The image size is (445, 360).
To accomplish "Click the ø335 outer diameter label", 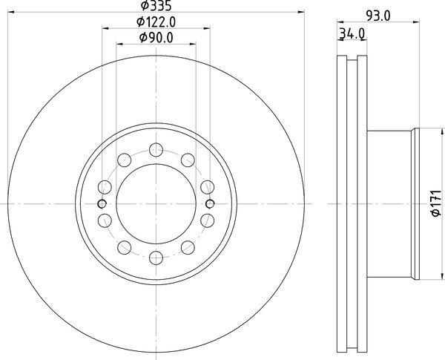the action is (156, 5).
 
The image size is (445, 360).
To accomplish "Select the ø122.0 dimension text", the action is (156, 22).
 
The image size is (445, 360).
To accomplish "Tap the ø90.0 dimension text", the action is (156, 38).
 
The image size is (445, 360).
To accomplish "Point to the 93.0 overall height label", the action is (378, 16).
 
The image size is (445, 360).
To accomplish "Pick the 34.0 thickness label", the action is (352, 34).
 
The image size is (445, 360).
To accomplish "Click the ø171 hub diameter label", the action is (437, 203).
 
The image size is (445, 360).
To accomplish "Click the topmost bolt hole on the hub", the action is (156, 150).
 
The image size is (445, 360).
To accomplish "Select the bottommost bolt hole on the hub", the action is (156, 258).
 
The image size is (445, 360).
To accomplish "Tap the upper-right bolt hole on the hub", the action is (188, 160).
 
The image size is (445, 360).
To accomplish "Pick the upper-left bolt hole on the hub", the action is (125, 160).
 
